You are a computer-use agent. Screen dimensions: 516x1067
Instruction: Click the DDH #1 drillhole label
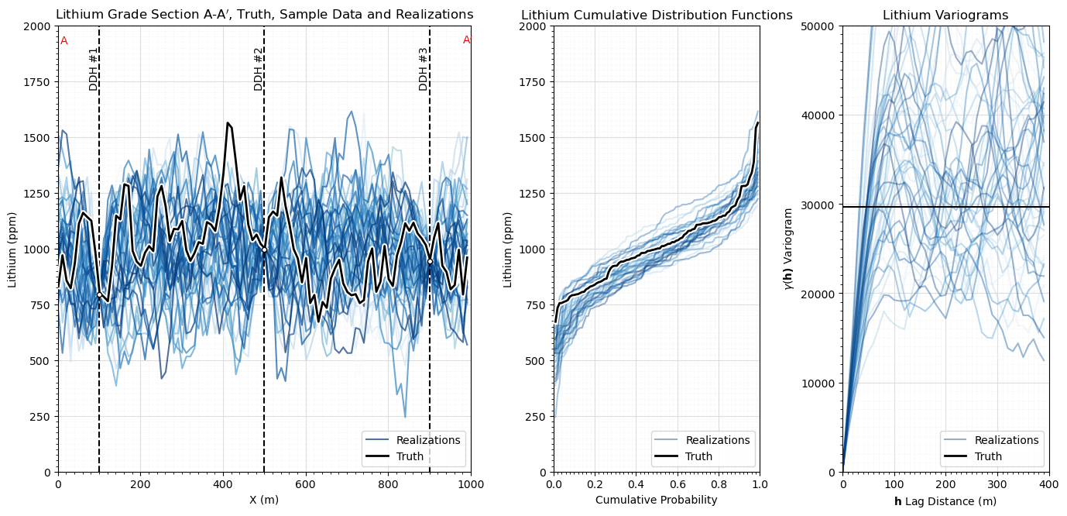(94, 69)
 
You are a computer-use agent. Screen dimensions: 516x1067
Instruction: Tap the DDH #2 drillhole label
(259, 69)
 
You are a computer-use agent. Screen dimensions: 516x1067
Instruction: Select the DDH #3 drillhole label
(424, 69)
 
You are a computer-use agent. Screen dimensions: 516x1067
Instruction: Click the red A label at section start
(64, 41)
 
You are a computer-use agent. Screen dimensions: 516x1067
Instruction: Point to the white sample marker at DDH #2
(264, 249)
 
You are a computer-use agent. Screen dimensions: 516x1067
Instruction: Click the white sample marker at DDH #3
(430, 261)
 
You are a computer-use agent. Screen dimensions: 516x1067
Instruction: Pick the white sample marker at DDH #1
(99, 293)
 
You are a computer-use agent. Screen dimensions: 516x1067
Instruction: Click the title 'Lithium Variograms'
(945, 15)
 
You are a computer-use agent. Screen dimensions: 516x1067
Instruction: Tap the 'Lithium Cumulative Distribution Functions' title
(657, 15)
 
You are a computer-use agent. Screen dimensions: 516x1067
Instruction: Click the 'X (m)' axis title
(264, 500)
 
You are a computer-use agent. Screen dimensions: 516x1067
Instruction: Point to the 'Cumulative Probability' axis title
(657, 500)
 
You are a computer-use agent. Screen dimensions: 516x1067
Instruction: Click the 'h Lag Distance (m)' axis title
(945, 501)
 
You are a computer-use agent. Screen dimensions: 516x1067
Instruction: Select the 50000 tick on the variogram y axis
(822, 26)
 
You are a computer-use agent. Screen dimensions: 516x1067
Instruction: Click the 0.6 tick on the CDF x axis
(678, 483)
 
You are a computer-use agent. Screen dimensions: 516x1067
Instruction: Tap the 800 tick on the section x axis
(388, 483)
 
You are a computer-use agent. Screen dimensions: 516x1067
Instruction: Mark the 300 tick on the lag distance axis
(997, 483)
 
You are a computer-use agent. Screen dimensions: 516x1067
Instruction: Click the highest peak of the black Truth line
(228, 122)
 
